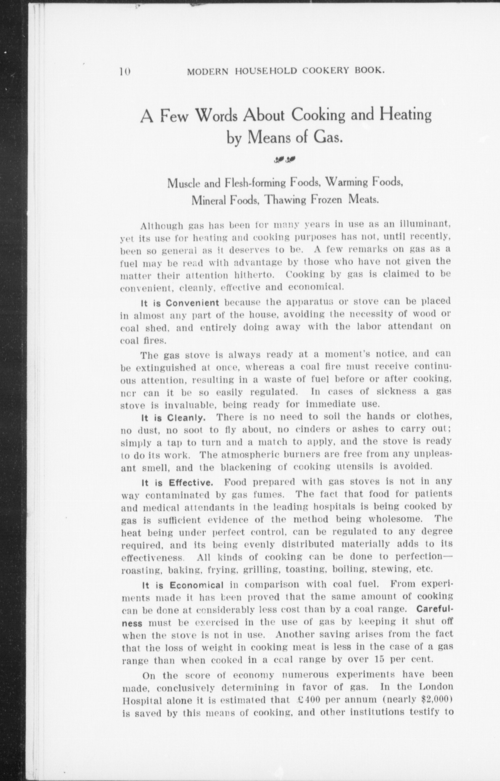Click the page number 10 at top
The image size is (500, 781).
125,71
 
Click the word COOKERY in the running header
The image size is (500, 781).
330,71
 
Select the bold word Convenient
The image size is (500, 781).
193,303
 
